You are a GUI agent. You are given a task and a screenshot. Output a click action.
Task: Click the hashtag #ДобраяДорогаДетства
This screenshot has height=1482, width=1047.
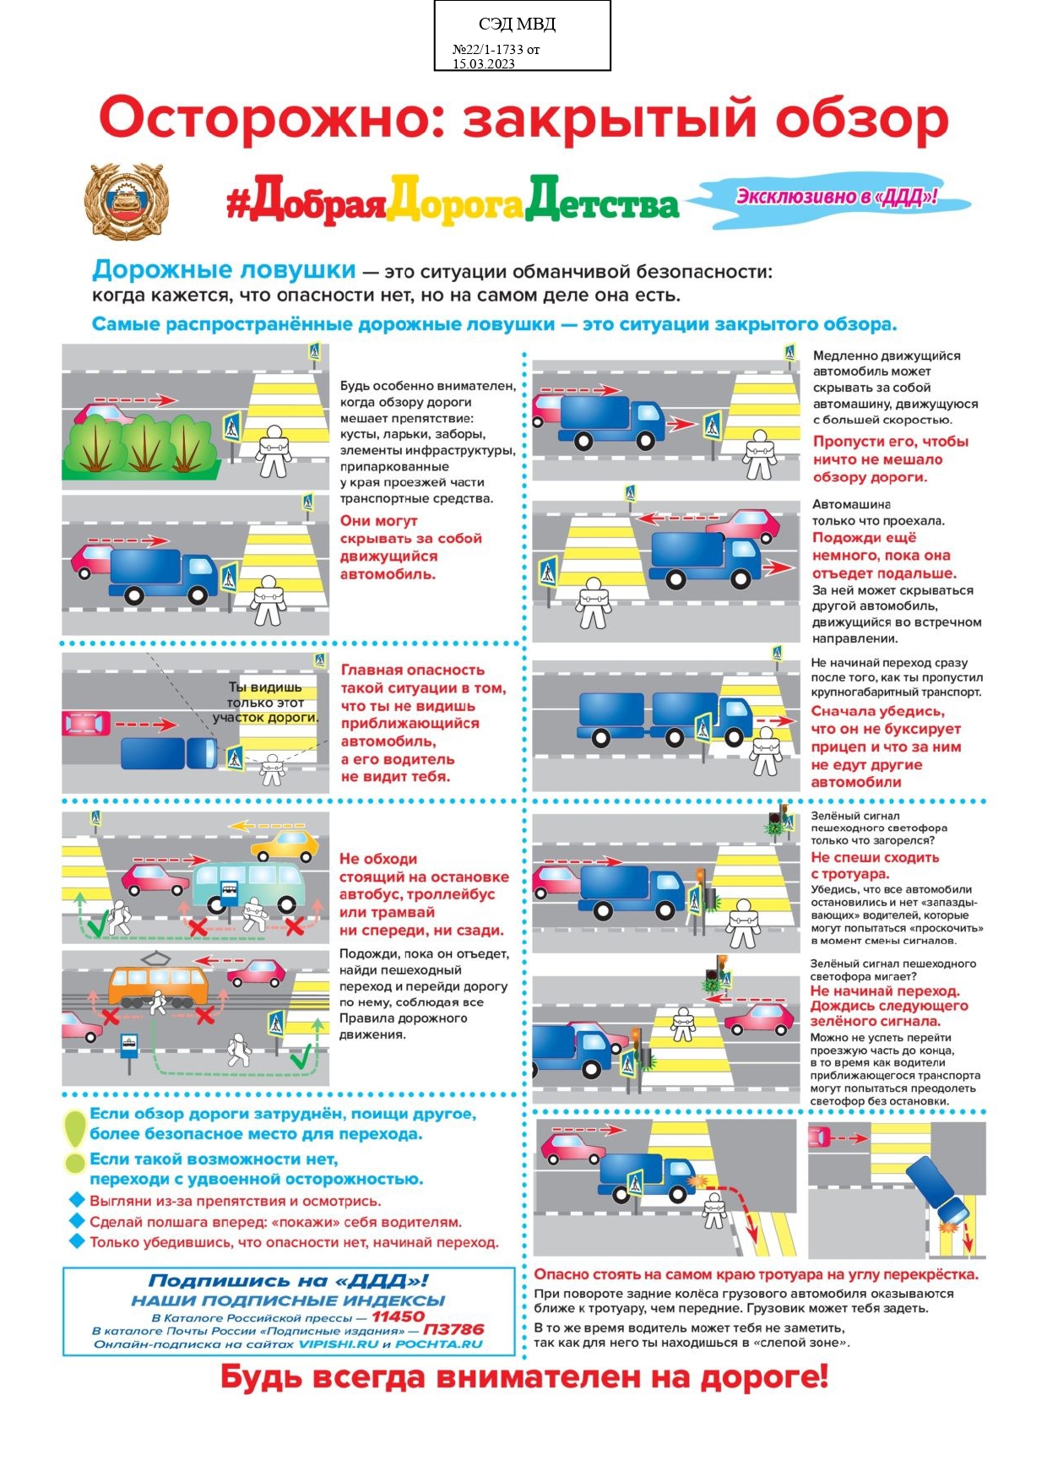click(x=452, y=202)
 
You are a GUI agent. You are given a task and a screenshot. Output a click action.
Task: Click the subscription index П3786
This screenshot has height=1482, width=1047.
click(x=453, y=1329)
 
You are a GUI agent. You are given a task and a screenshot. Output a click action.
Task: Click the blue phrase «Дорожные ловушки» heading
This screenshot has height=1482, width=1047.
click(x=224, y=270)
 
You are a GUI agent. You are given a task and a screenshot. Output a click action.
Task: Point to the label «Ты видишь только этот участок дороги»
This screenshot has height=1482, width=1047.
click(x=265, y=702)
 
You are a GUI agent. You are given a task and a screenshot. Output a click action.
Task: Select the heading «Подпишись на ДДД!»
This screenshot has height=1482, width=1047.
click(x=288, y=1280)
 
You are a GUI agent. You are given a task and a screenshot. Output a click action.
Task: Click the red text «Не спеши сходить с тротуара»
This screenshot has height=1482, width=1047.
click(x=874, y=866)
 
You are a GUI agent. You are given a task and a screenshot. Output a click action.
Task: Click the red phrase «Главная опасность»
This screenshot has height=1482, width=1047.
click(x=412, y=670)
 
